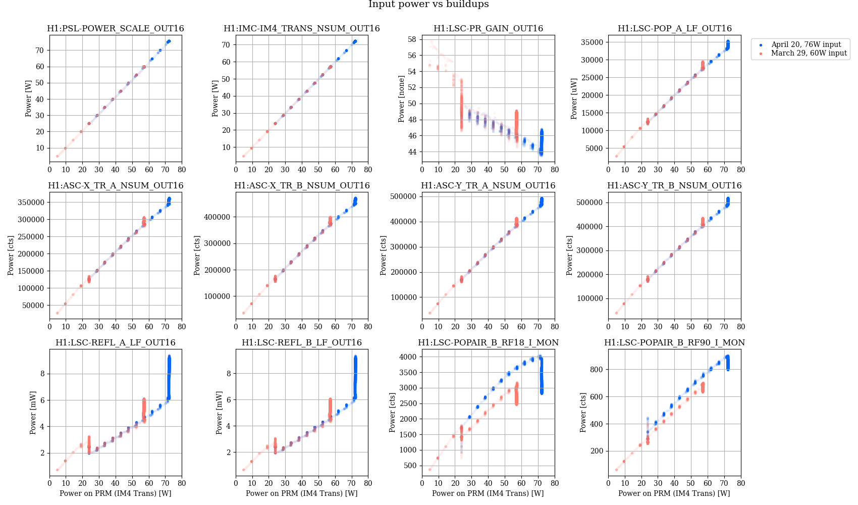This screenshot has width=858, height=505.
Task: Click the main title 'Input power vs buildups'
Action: coord(428,5)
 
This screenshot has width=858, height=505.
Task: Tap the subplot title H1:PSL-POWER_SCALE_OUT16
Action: coord(116,29)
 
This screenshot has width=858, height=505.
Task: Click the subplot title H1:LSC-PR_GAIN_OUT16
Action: coord(488,29)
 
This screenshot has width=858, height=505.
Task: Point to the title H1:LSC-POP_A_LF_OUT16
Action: coord(674,29)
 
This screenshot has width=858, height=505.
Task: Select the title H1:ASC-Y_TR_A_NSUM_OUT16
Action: coord(488,186)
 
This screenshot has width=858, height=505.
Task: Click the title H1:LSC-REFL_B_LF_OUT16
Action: coord(302,343)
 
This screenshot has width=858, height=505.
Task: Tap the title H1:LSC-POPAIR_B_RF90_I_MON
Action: coord(674,343)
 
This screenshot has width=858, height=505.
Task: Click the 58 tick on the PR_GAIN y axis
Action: coord(412,39)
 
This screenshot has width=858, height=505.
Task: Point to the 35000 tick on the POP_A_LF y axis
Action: coord(593,42)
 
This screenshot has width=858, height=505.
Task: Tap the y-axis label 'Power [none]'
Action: coord(401,99)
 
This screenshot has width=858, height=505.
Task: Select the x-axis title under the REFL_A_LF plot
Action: coord(116,493)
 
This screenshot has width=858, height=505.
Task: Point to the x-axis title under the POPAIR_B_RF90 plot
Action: coord(674,493)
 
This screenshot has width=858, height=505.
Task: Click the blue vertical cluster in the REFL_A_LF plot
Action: coord(169,374)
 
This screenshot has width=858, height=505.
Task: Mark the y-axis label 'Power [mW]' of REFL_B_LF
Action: coord(219,413)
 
